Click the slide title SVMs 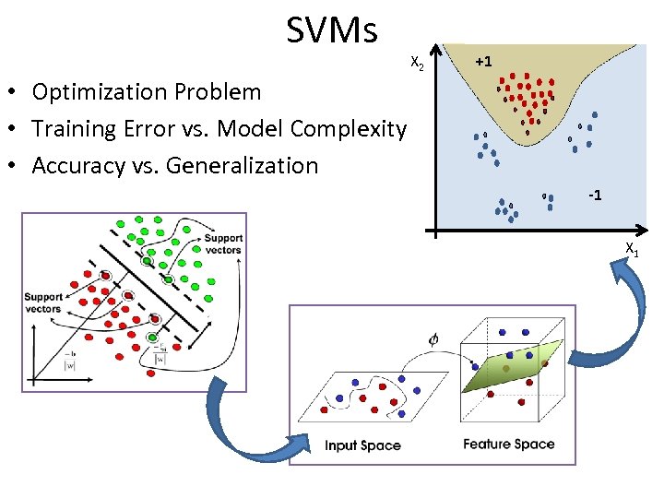point(332,30)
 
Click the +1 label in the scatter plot point(483,61)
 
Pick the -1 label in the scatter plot point(596,196)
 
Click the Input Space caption point(362,445)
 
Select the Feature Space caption point(509,444)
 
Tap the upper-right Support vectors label point(223,244)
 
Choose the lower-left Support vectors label point(43,302)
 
